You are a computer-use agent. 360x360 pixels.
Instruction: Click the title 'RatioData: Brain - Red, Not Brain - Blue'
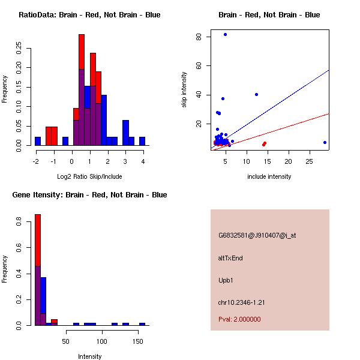pyautogui.click(x=89, y=14)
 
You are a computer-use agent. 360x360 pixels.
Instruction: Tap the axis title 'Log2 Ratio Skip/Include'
pyautogui.click(x=89, y=176)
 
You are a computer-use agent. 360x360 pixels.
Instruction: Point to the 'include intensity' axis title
pyautogui.click(x=269, y=176)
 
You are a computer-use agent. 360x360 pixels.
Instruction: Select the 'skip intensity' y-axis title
pyautogui.click(x=185, y=90)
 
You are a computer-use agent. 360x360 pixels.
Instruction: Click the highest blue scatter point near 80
pyautogui.click(x=225, y=34)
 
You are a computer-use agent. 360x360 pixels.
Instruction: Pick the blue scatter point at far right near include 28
pyautogui.click(x=325, y=142)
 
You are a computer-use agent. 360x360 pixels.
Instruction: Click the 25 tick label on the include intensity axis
pyautogui.click(x=310, y=161)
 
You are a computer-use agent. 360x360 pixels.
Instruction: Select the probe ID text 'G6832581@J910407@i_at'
pyautogui.click(x=257, y=235)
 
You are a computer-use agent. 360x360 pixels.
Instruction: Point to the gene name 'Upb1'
pyautogui.click(x=226, y=280)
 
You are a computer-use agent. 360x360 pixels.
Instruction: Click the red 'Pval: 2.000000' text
pyautogui.click(x=239, y=319)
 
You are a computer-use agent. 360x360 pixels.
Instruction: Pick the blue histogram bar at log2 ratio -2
pyautogui.click(x=38, y=141)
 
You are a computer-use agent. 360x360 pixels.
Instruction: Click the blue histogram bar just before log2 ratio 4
pyautogui.click(x=142, y=141)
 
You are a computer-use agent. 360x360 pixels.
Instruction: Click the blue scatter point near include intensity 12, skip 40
pyautogui.click(x=256, y=94)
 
